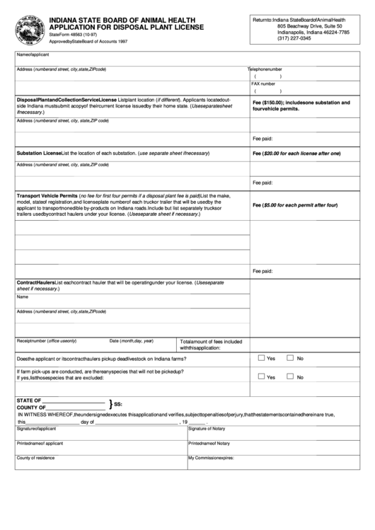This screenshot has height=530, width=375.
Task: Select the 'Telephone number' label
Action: [x=265, y=69]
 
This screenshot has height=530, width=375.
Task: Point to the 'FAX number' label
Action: [x=264, y=83]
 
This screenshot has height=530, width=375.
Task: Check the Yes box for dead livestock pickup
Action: [x=262, y=358]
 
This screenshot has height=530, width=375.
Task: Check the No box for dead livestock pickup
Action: [x=290, y=358]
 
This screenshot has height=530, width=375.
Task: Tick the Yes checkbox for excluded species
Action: [x=262, y=377]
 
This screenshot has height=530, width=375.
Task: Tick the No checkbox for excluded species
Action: [x=290, y=377]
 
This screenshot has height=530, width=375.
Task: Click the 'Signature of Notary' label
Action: [x=207, y=429]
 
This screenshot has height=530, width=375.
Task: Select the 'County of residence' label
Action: [x=35, y=458]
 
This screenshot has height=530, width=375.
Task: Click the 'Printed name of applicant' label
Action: [x=40, y=443]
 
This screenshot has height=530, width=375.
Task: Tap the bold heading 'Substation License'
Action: [x=39, y=153]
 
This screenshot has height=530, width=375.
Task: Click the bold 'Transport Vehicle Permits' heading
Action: [x=47, y=196]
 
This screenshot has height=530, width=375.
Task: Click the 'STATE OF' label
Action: [x=29, y=400]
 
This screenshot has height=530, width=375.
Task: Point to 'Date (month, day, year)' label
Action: [x=131, y=340]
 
